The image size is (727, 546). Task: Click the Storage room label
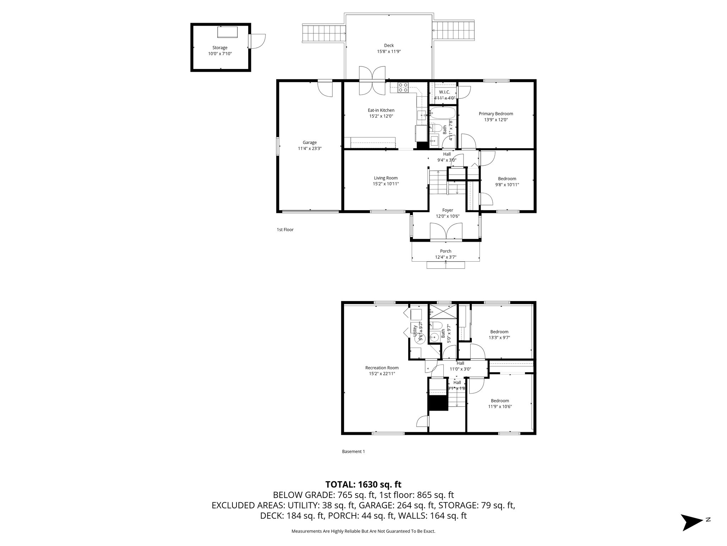(220, 48)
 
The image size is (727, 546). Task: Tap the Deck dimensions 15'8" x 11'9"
(389, 52)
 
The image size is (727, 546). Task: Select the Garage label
(310, 143)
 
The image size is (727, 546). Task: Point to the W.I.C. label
(444, 92)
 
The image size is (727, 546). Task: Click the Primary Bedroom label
(496, 114)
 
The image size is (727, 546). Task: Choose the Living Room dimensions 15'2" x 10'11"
(386, 184)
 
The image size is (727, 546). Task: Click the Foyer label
(447, 210)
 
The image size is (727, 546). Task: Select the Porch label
(446, 251)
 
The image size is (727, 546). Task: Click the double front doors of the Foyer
(446, 232)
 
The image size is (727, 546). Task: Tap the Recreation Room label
(382, 368)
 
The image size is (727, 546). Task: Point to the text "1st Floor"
(285, 230)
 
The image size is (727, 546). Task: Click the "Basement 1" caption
(353, 451)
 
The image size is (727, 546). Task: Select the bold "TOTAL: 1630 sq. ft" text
(363, 484)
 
